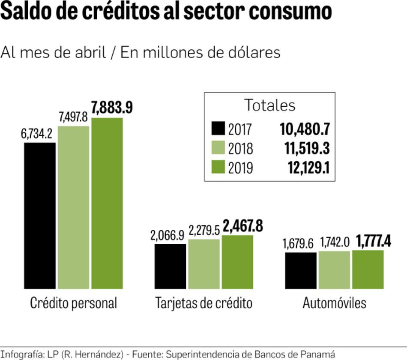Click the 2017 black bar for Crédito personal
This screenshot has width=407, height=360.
pos(40,216)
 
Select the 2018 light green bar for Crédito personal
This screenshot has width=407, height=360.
pos(74,207)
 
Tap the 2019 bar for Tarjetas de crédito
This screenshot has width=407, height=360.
pos(237,262)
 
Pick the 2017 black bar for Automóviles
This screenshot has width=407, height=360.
pos(301,270)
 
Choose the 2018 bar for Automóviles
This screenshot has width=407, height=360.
pos(334,270)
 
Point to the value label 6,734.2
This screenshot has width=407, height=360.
pos(36,134)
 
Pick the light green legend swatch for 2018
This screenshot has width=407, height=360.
pos(218,148)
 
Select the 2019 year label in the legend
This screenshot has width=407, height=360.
pos(240,168)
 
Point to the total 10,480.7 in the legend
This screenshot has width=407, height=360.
pos(305,129)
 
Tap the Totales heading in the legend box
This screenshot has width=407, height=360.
pos(269,105)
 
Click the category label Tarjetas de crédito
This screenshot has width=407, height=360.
pos(203,303)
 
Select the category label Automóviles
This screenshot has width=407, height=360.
pos(335,303)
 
